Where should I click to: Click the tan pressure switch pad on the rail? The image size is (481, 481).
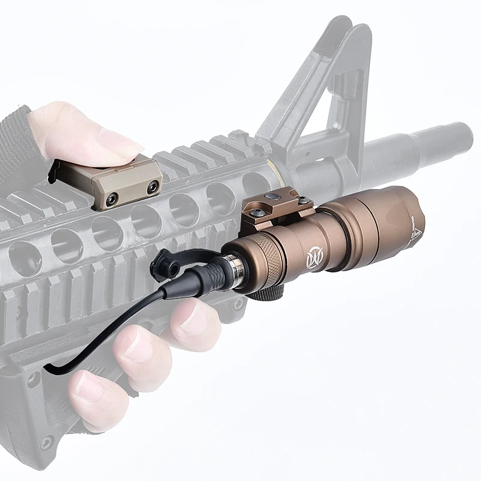pos(108,180)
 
